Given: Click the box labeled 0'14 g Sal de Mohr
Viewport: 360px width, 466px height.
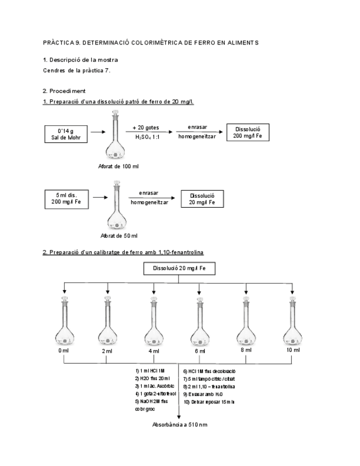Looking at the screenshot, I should (x=66, y=134).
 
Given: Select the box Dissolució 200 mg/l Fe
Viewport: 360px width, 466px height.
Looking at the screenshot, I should (x=247, y=132).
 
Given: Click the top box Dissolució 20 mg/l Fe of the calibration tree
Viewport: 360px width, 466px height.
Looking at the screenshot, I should (x=179, y=269).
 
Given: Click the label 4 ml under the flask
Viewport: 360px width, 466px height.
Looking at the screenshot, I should (x=153, y=351).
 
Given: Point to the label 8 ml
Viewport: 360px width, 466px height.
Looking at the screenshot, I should (x=246, y=350).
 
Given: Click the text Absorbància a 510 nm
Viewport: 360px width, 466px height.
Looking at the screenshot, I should (x=180, y=425).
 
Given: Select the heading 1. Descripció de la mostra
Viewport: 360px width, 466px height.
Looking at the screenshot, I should (x=80, y=59).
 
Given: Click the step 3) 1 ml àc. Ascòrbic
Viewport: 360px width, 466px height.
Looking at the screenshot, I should (x=152, y=386).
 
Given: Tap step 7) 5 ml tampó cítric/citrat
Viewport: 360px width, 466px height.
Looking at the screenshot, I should (x=209, y=379).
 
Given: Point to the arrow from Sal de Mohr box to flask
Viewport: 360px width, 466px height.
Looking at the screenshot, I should (x=97, y=132).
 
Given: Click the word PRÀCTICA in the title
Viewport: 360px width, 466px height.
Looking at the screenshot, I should (x=57, y=42).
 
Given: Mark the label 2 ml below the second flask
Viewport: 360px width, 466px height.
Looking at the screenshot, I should (x=107, y=351).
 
